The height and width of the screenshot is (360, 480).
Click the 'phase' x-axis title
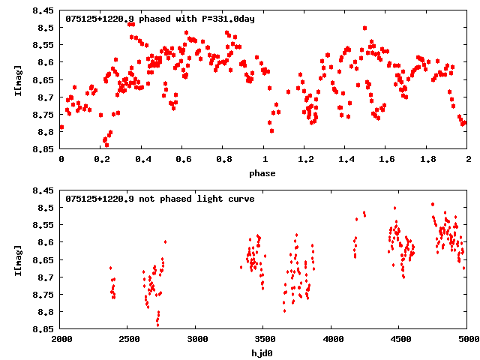point(264,173)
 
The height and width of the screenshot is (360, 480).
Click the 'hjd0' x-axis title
point(264,353)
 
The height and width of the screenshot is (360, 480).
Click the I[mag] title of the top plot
point(17,80)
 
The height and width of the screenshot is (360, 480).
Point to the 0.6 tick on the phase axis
point(183,159)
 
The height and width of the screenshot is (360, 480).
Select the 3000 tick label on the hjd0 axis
point(196,339)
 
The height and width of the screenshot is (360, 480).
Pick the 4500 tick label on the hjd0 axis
point(400,339)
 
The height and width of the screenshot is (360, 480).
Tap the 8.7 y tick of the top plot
point(46,97)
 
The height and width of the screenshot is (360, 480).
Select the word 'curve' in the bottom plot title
point(241,199)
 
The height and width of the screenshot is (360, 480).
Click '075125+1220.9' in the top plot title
point(100,19)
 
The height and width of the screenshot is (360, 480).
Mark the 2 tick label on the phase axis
point(468,159)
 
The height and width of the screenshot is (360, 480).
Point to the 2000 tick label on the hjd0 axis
point(61,339)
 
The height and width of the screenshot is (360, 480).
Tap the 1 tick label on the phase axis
point(265,159)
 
